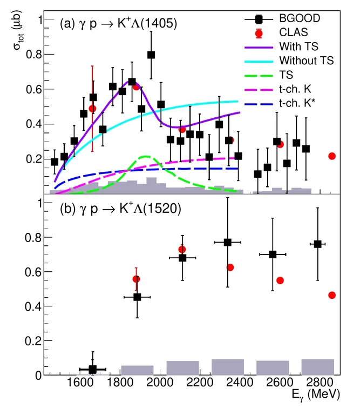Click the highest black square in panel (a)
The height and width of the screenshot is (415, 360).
click(x=151, y=55)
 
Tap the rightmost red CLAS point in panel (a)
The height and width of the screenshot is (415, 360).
click(x=332, y=156)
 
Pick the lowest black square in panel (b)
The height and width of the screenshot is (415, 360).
click(x=92, y=370)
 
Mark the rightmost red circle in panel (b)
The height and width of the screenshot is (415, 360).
click(x=332, y=295)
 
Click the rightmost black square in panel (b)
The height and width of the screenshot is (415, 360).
click(x=317, y=244)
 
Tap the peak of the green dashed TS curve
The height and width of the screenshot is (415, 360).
click(x=145, y=157)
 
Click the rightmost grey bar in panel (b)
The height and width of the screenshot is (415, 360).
click(x=317, y=367)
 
